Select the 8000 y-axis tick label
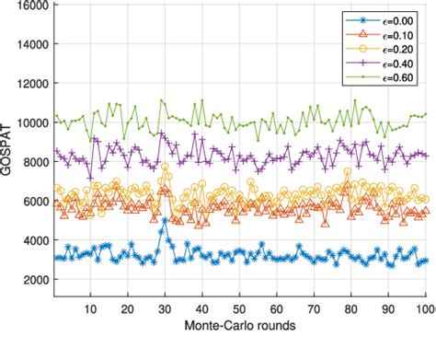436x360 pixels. (35, 162)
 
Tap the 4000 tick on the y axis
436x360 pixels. (35, 240)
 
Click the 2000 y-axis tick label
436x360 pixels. (35, 279)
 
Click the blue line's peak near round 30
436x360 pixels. (165, 220)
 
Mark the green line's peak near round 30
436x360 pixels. (162, 100)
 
